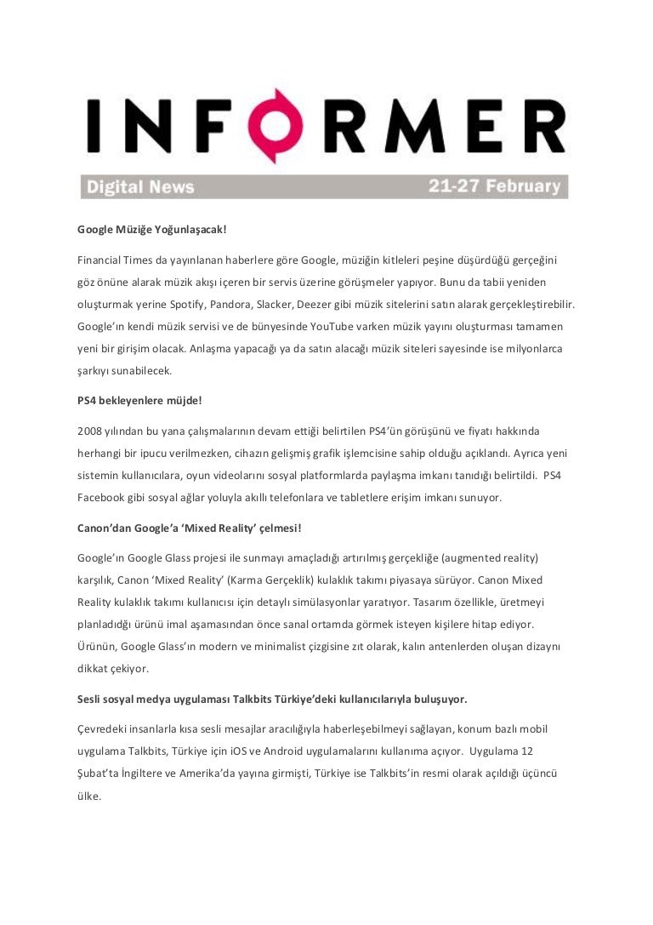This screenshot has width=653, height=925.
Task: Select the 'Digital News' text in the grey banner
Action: (139, 187)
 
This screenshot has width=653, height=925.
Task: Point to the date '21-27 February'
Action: (494, 186)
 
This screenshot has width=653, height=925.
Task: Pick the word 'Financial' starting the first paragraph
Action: (99, 259)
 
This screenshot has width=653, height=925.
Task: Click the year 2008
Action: (89, 431)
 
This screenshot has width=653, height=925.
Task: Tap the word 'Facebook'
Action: (101, 497)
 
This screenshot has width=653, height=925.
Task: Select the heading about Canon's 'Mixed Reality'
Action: (184, 527)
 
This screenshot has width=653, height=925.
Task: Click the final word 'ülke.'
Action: (88, 796)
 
